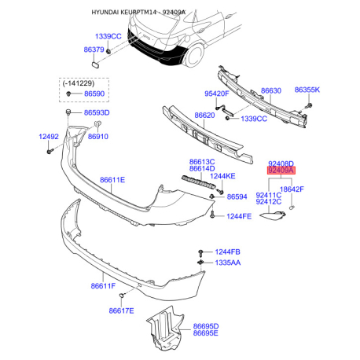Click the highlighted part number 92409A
[281, 171]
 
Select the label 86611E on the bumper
[112, 180]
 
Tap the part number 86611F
[103, 285]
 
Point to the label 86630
[271, 90]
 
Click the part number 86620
[204, 116]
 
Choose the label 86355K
[307, 90]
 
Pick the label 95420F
[217, 94]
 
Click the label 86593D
[97, 112]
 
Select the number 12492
[49, 137]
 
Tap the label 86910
[98, 137]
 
